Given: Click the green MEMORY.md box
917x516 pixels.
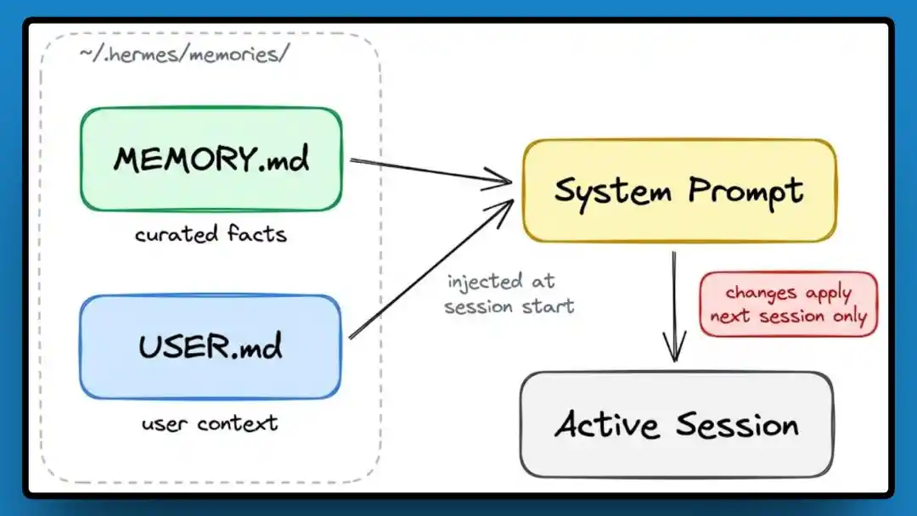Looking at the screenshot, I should [x=211, y=160].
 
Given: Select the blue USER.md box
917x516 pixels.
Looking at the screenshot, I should [x=211, y=347].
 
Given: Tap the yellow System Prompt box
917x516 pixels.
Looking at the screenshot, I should [x=678, y=190].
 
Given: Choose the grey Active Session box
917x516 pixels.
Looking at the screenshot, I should [x=677, y=423].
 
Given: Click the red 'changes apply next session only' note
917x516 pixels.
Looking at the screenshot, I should [x=788, y=305].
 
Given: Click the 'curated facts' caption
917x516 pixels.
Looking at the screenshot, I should [x=211, y=233].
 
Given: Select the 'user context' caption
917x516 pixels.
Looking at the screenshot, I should [x=210, y=422].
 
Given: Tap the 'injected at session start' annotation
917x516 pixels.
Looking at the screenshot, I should [x=509, y=294].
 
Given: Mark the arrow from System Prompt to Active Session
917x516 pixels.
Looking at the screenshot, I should [x=674, y=306].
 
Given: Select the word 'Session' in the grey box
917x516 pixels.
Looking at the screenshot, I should [x=737, y=423].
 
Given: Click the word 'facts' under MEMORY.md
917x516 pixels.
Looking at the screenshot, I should [x=256, y=233].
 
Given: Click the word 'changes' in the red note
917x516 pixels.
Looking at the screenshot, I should [x=761, y=293].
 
